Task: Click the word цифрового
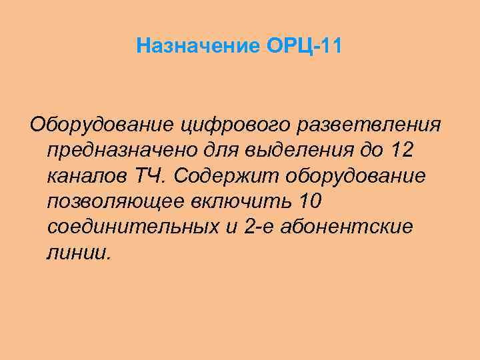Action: [217, 124]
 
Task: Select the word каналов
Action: [87, 175]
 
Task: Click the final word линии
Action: [77, 253]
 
